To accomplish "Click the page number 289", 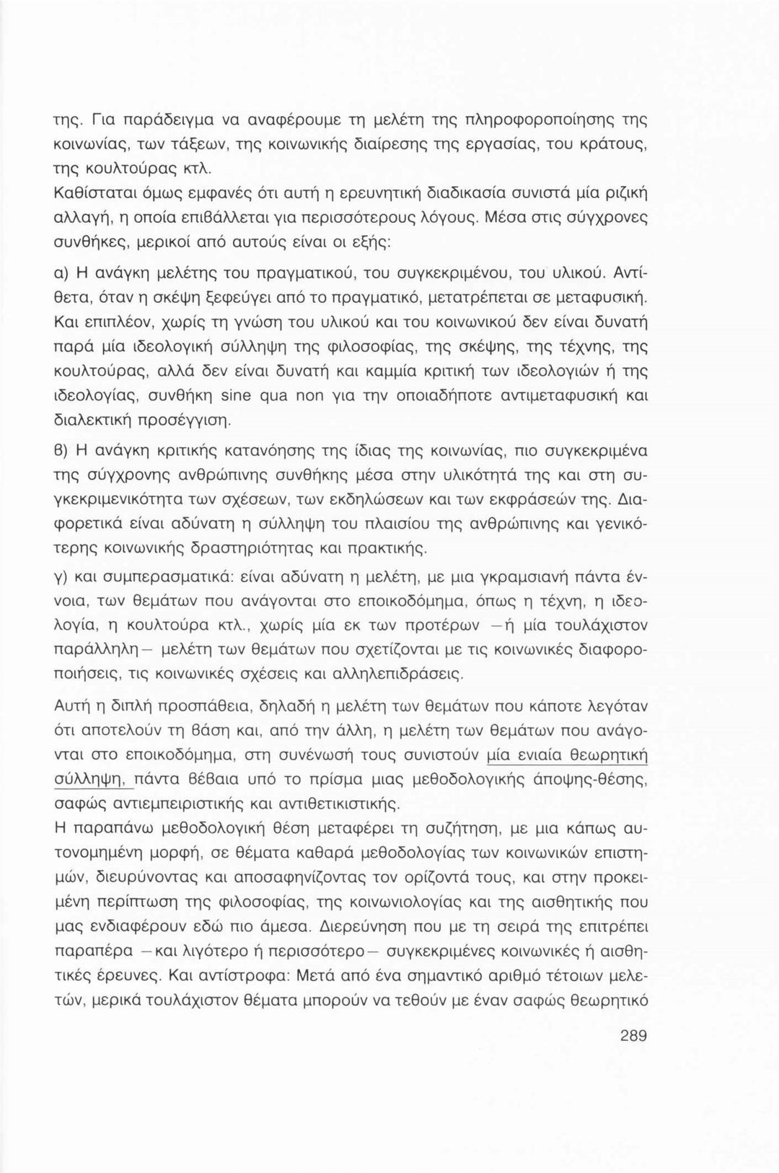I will pos(633,1037).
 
